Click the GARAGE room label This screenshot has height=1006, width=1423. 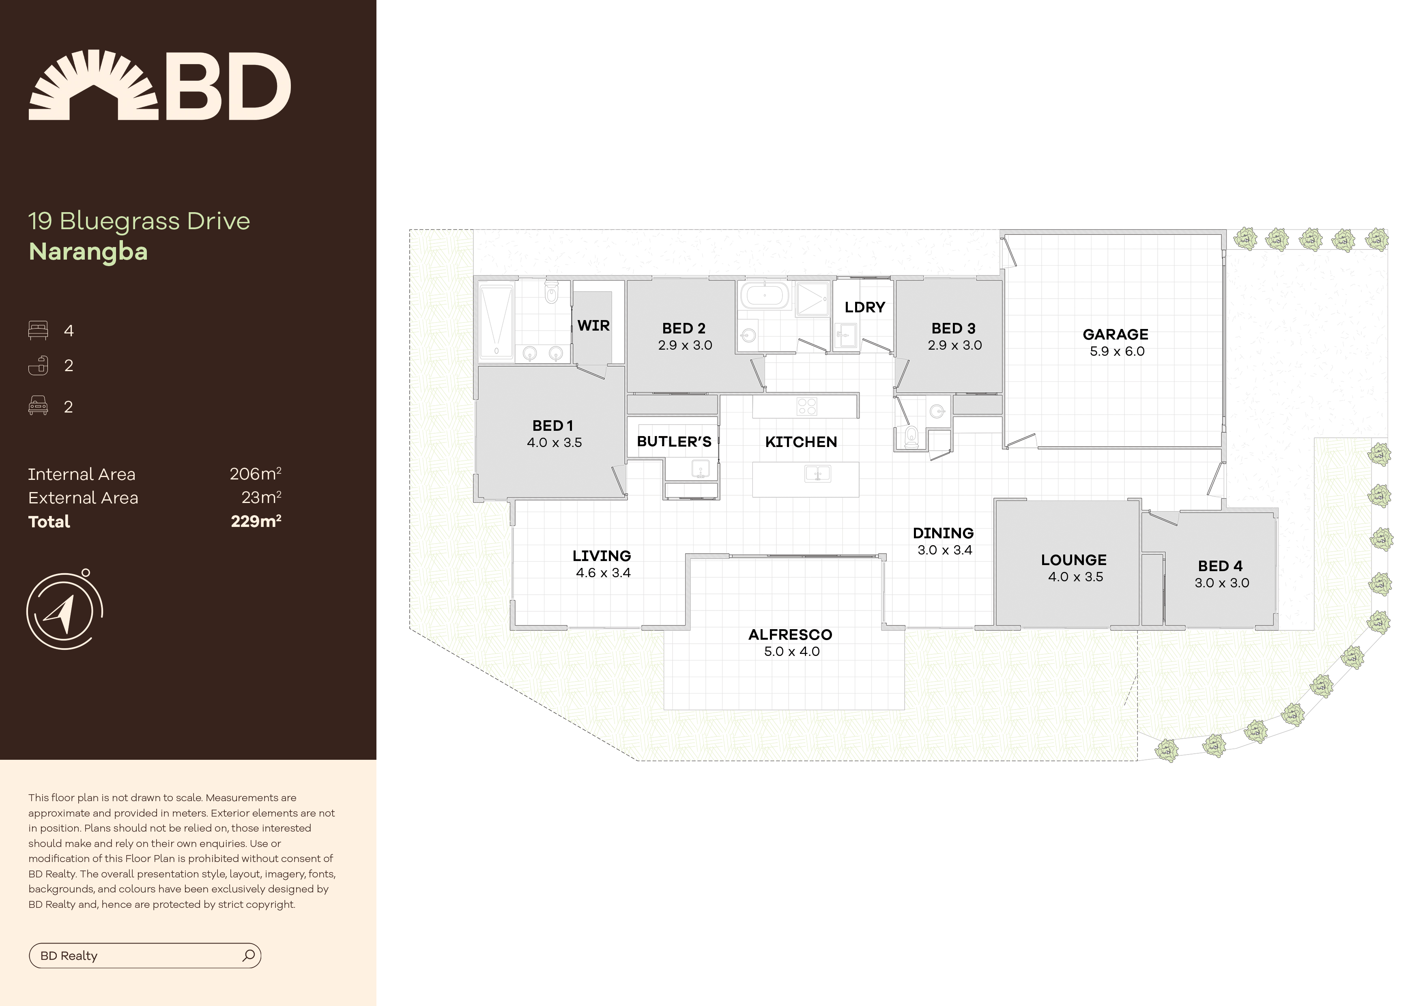point(1115,335)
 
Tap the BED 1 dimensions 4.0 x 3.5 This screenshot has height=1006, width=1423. point(554,443)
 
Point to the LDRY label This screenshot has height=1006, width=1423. point(864,307)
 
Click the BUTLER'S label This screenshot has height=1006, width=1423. point(674,442)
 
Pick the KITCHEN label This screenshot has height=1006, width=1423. point(801,442)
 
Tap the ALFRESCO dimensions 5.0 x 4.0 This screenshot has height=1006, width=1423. point(791,651)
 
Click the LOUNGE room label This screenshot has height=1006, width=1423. point(1073,560)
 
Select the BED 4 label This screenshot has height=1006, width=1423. point(1220,566)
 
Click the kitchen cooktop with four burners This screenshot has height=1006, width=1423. point(807,406)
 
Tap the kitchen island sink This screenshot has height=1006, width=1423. point(817,475)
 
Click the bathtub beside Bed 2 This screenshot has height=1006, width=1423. point(765,296)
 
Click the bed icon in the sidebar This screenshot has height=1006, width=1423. point(38,330)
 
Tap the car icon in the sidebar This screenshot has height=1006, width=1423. point(38,406)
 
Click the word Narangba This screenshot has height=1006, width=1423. point(88,251)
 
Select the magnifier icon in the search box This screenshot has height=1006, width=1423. point(249,955)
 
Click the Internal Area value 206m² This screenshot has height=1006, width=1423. point(255,474)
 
